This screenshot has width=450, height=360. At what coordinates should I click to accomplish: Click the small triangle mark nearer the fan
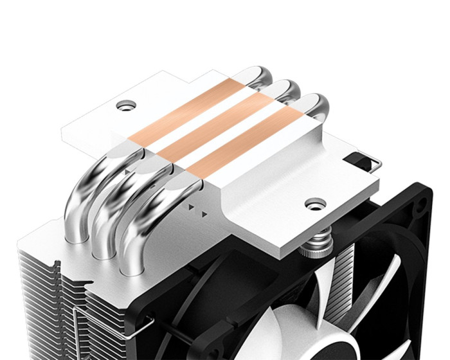[x=205, y=212]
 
